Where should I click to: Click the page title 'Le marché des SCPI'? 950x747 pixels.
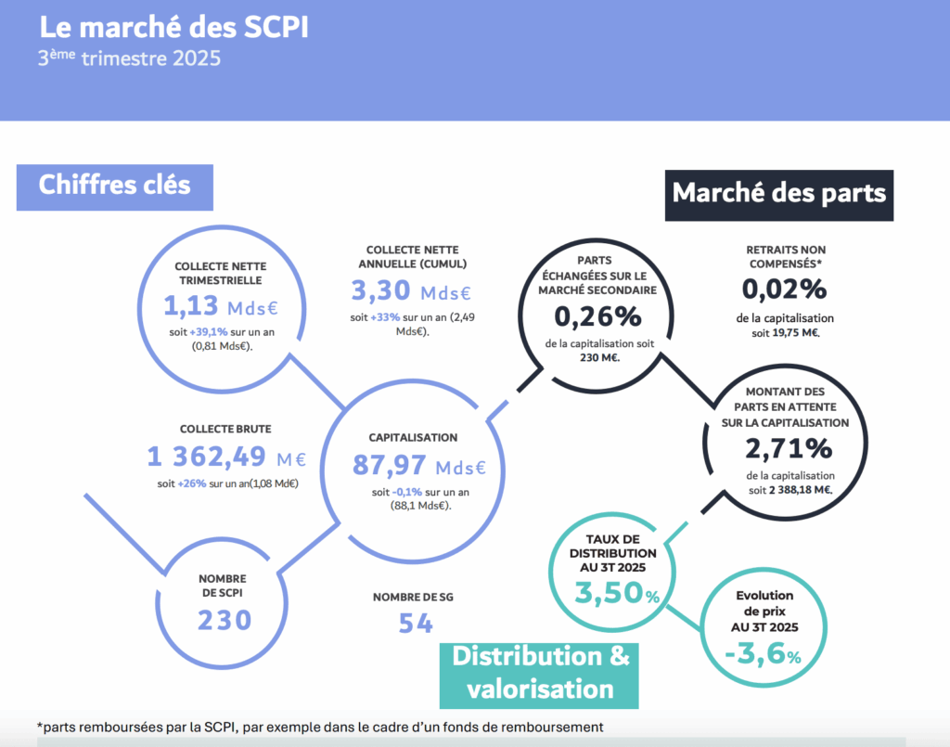pyautogui.click(x=173, y=28)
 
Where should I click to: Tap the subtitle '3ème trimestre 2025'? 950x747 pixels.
pyautogui.click(x=129, y=59)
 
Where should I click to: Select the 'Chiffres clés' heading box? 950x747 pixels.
pyautogui.click(x=114, y=185)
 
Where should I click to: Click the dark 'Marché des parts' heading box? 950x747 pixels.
pyautogui.click(x=778, y=193)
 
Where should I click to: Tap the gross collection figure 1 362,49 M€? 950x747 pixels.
pyautogui.click(x=226, y=457)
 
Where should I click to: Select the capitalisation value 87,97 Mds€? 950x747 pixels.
pyautogui.click(x=418, y=465)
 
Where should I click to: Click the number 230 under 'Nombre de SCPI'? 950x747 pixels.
pyautogui.click(x=224, y=619)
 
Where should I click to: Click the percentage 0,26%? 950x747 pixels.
pyautogui.click(x=597, y=316)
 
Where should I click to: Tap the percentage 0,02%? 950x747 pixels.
pyautogui.click(x=784, y=290)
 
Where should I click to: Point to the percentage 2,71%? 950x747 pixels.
pyautogui.click(x=788, y=449)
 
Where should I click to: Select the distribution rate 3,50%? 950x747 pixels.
pyautogui.click(x=617, y=593)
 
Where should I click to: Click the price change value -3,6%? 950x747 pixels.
pyautogui.click(x=763, y=655)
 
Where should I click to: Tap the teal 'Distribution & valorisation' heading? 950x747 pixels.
pyautogui.click(x=541, y=672)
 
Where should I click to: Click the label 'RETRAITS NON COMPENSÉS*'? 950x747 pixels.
pyautogui.click(x=785, y=257)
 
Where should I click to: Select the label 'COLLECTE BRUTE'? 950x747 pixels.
pyautogui.click(x=225, y=429)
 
